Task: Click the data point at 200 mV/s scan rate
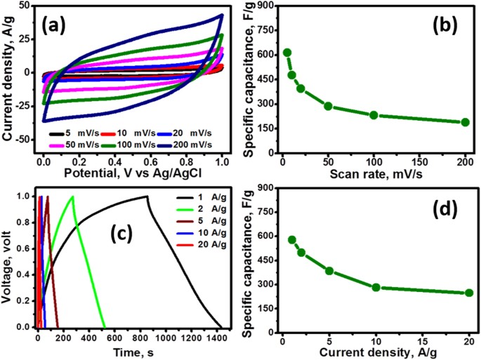(x=465, y=122)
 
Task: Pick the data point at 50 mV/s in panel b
(x=328, y=106)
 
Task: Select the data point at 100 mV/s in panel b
(x=374, y=115)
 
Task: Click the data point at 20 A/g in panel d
(x=469, y=293)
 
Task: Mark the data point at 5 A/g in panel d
(x=329, y=270)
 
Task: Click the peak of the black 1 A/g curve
(x=147, y=196)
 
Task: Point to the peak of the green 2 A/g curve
(x=72, y=196)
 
